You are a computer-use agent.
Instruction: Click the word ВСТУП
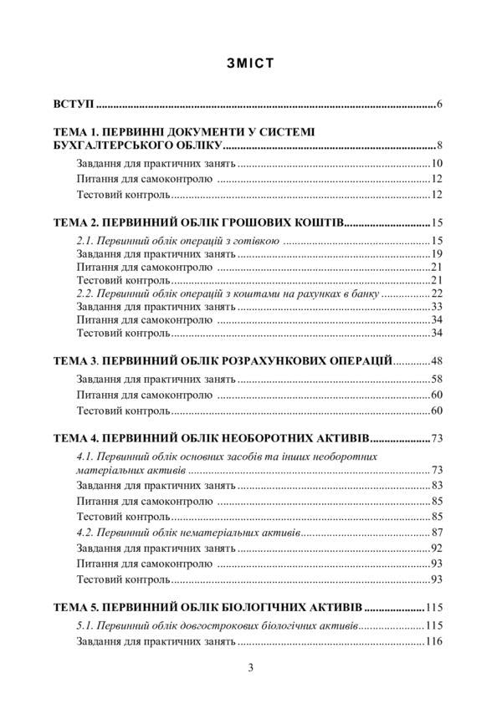(72, 105)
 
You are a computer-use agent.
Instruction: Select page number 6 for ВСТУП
(439, 105)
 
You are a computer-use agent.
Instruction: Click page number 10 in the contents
(437, 164)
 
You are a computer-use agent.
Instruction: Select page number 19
(437, 253)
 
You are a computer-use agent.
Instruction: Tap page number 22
(437, 294)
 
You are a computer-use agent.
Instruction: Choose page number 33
(437, 307)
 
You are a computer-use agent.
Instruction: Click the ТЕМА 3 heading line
(223, 360)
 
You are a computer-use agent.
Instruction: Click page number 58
(437, 380)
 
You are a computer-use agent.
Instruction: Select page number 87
(437, 533)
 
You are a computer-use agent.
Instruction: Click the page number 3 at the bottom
(250, 666)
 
